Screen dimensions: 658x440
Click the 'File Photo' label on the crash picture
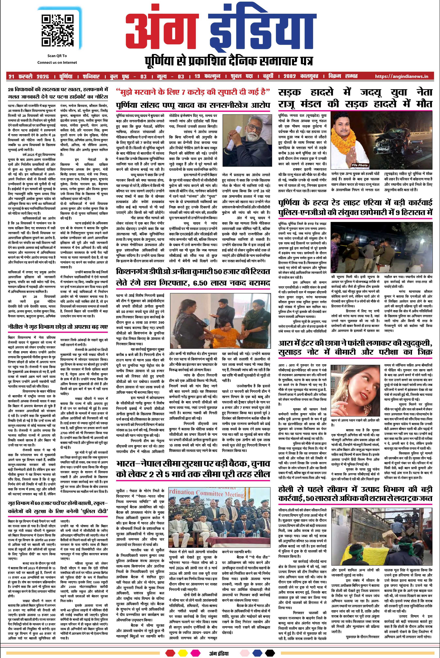click(359, 165)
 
